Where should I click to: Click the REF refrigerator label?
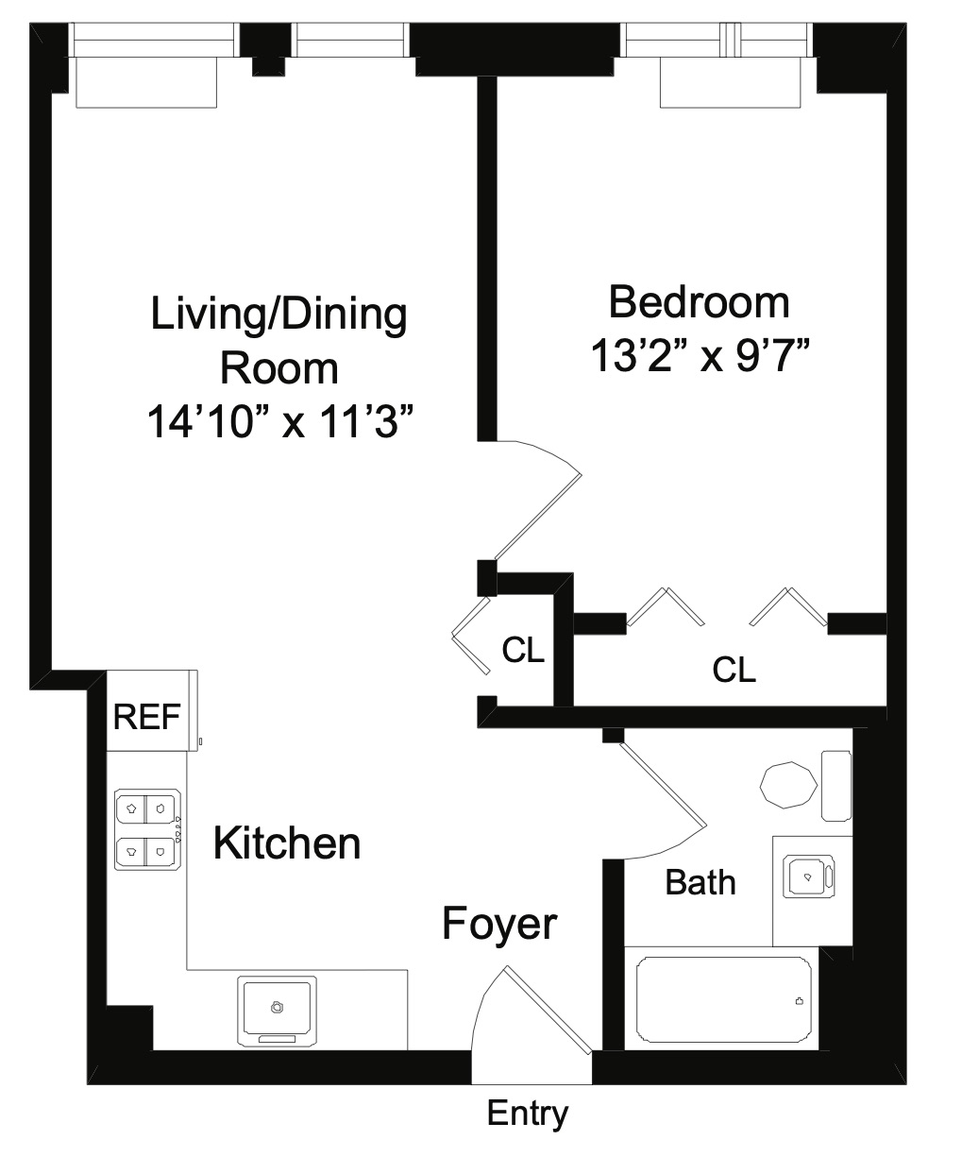[x=146, y=717]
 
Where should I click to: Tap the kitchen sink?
[x=277, y=1008]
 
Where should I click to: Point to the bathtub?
[x=723, y=999]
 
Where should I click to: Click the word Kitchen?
[x=287, y=842]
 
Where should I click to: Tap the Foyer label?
[x=499, y=924]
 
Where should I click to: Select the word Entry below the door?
[x=527, y=1114]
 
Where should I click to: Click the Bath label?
[x=700, y=882]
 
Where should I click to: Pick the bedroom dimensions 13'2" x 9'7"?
[x=700, y=357]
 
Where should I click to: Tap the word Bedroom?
[x=699, y=302]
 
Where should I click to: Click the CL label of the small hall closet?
[x=523, y=650]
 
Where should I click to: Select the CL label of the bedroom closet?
[x=734, y=670]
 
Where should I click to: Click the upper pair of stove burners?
[x=146, y=808]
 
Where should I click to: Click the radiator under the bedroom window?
[x=730, y=83]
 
